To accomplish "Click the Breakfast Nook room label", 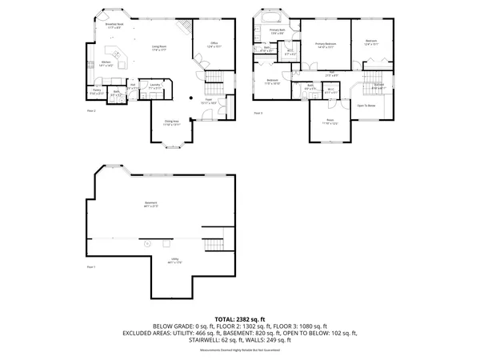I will pyautogui.click(x=114, y=26).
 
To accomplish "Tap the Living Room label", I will pyautogui.click(x=160, y=48).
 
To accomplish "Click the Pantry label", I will pyautogui.click(x=97, y=91).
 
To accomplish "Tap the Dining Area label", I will pyautogui.click(x=172, y=123).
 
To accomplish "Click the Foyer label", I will pyautogui.click(x=208, y=102).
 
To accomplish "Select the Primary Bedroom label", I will pyautogui.click(x=325, y=45).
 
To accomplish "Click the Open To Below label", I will pyautogui.click(x=366, y=106).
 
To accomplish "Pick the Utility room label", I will pyautogui.click(x=174, y=260).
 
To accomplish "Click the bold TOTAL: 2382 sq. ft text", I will pyautogui.click(x=240, y=318).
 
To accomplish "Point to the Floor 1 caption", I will pyautogui.click(x=90, y=266).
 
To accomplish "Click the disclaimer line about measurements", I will pyautogui.click(x=240, y=350).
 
